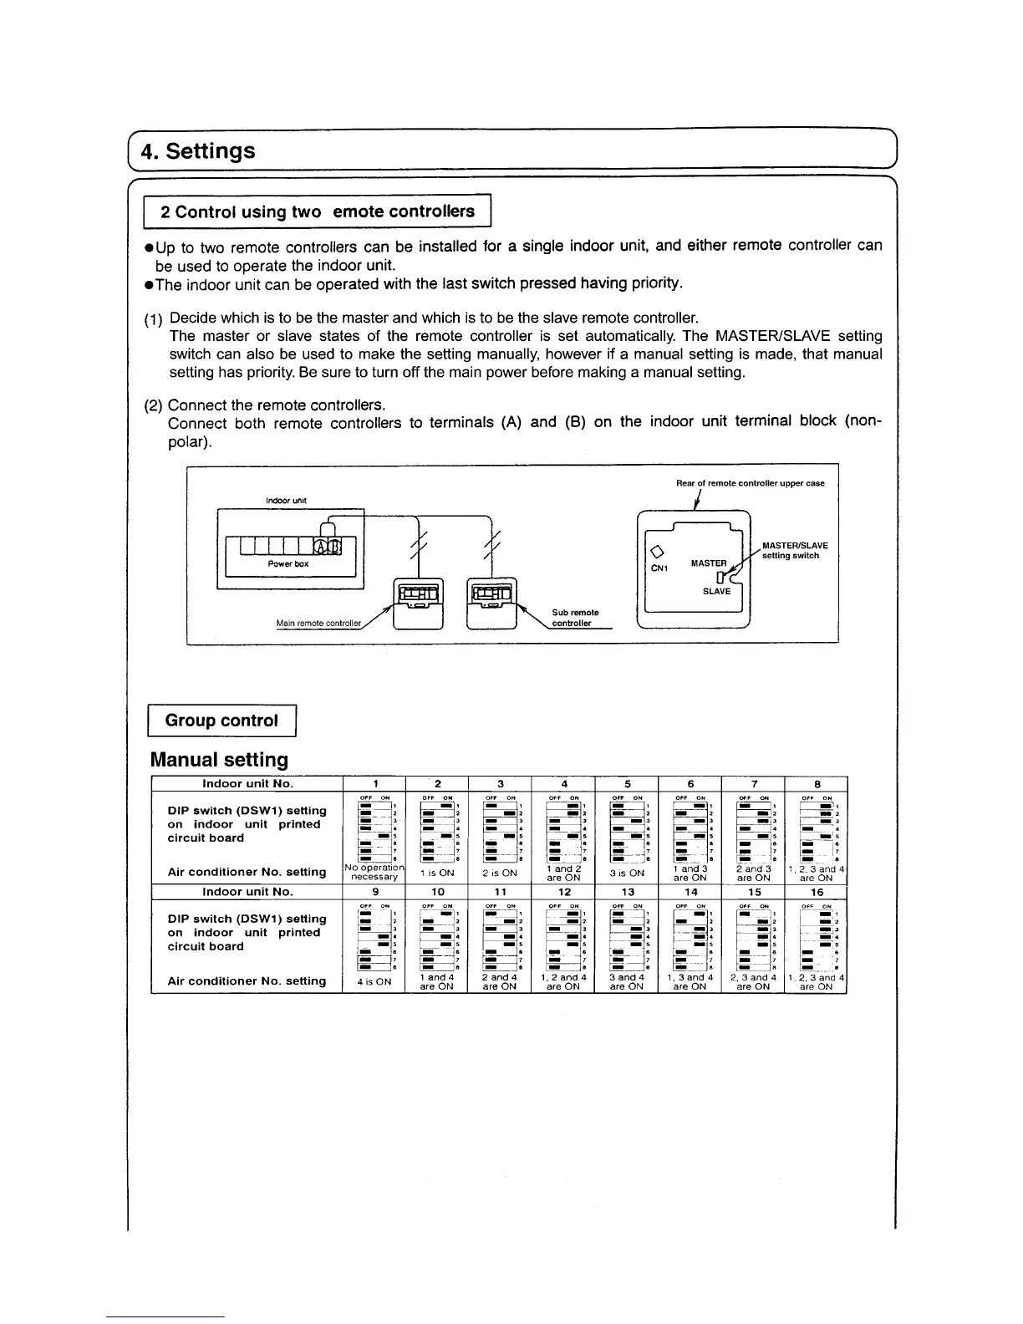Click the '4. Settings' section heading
tap(198, 151)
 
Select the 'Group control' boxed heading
tap(221, 721)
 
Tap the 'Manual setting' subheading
tap(219, 760)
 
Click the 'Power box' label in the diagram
tap(288, 563)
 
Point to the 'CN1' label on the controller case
tap(660, 568)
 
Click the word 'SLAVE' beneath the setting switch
tap(716, 591)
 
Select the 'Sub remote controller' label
tap(575, 618)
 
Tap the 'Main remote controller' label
tap(318, 623)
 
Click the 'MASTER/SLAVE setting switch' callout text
tap(795, 551)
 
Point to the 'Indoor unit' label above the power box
tap(286, 500)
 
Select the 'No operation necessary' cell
tap(374, 873)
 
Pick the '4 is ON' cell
tap(374, 982)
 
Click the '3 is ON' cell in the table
tap(627, 873)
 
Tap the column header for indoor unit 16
tap(817, 892)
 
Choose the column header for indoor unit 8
tap(817, 784)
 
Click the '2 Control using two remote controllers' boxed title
tap(318, 211)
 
